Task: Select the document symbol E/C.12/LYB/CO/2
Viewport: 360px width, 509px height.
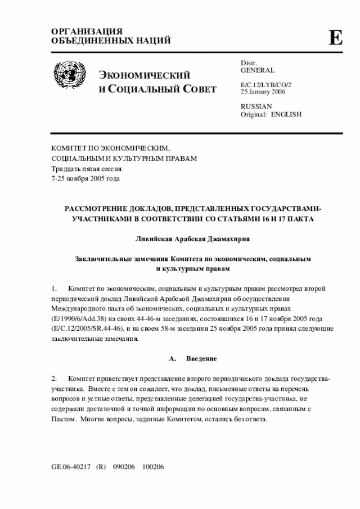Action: [266, 84]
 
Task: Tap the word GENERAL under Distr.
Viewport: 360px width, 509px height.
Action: [258, 71]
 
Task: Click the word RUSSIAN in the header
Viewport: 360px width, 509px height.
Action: [256, 106]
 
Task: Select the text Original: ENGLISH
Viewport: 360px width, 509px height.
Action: [271, 114]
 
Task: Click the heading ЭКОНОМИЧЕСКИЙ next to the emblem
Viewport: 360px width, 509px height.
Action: [145, 75]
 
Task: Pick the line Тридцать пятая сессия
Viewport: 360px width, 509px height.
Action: [86, 169]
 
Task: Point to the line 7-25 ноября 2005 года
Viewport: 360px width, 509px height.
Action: [85, 179]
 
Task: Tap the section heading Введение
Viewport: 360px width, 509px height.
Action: [201, 358]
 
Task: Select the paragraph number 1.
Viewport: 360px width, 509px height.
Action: [55, 289]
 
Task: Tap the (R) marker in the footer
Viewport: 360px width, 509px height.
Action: [101, 467]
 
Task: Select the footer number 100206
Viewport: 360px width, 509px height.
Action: [153, 467]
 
